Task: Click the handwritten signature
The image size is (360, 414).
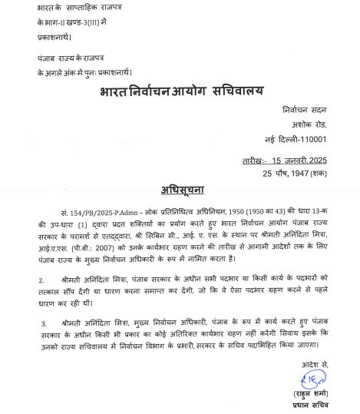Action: point(311,380)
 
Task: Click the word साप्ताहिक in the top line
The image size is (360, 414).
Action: point(81,6)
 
